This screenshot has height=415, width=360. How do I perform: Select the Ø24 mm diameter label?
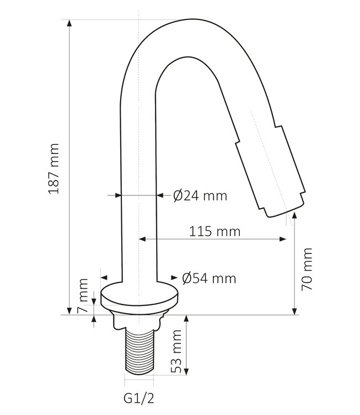click(200, 195)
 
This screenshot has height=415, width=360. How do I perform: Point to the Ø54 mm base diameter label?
click(209, 278)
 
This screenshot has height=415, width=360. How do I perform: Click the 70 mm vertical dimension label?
click(308, 269)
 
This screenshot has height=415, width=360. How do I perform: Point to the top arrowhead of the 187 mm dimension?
click(69, 24)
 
